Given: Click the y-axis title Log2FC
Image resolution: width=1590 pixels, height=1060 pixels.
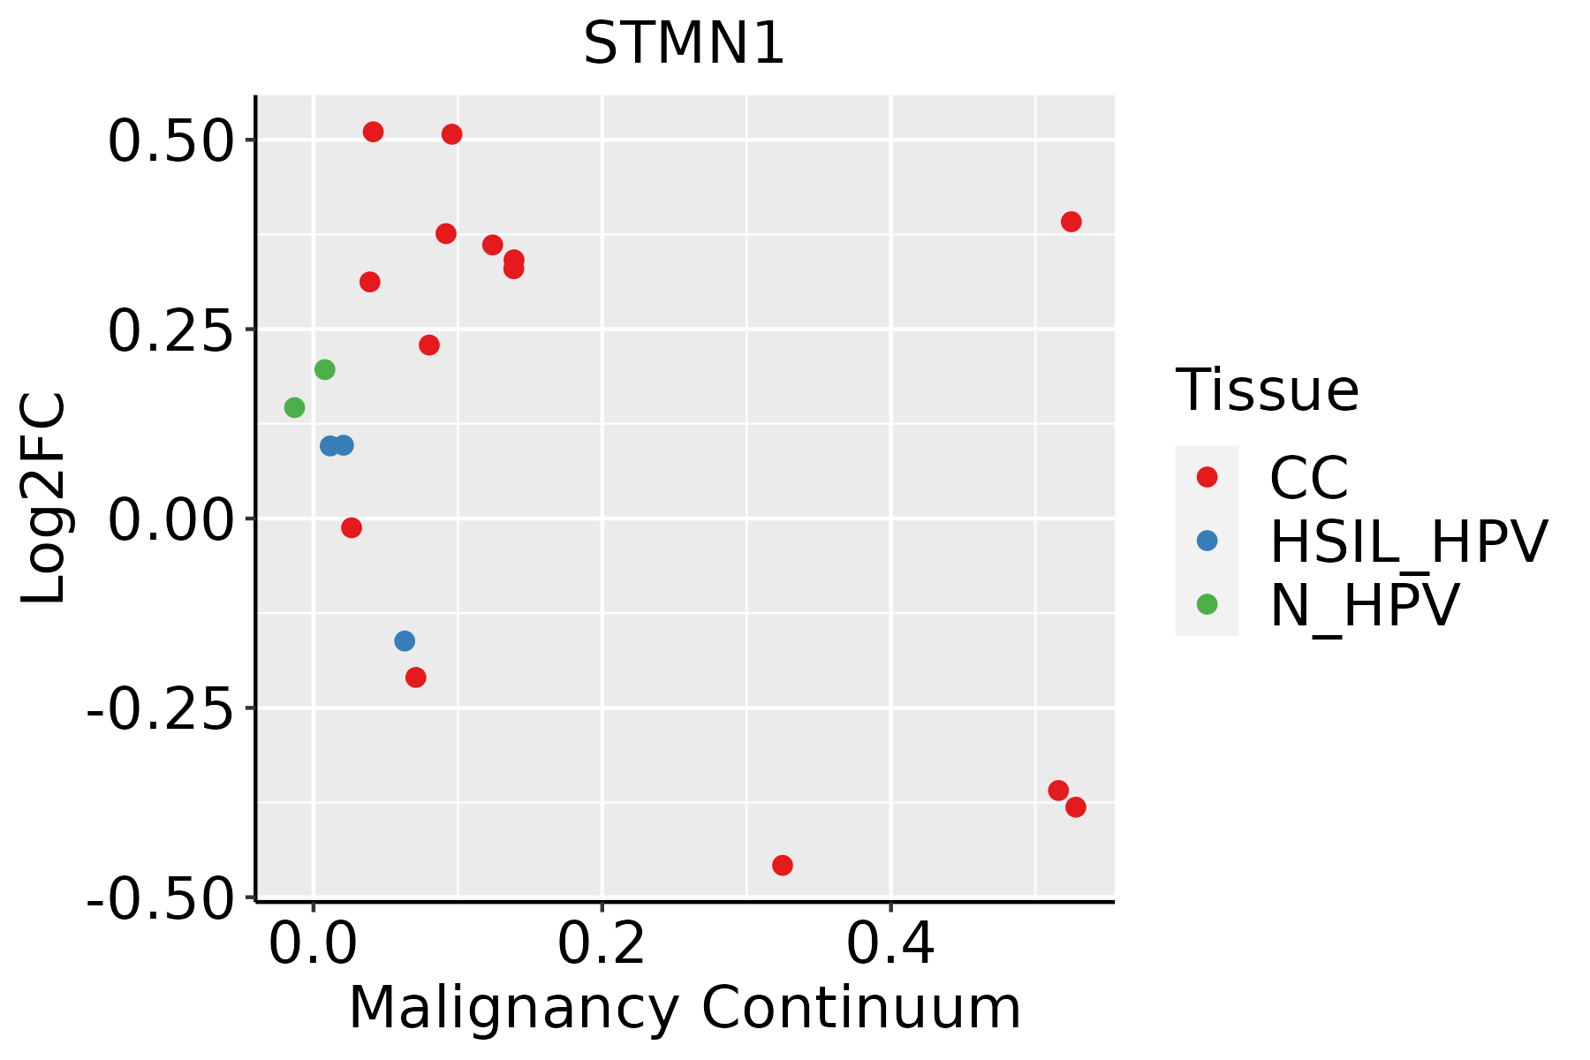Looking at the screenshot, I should [x=44, y=498].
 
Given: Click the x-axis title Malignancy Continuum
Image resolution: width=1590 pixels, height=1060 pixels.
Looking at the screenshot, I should [x=685, y=1009].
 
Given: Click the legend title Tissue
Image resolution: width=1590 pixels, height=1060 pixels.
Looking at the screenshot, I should [x=1267, y=390].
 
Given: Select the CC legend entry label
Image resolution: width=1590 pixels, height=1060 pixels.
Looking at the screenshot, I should [x=1308, y=478].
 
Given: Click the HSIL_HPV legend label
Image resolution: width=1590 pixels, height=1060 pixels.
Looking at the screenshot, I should [x=1408, y=541].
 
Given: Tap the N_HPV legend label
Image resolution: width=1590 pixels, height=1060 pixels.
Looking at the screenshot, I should [x=1365, y=605].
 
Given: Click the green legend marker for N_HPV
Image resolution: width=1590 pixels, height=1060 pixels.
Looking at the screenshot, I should [x=1207, y=604].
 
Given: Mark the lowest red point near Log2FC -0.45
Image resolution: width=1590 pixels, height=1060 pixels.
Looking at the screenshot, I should [x=782, y=865].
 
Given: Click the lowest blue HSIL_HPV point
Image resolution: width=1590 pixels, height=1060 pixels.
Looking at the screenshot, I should [x=405, y=640].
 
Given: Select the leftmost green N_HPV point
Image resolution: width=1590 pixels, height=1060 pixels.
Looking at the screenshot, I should [x=294, y=407].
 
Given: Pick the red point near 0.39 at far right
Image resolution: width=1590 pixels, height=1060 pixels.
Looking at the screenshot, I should [x=1071, y=222].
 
